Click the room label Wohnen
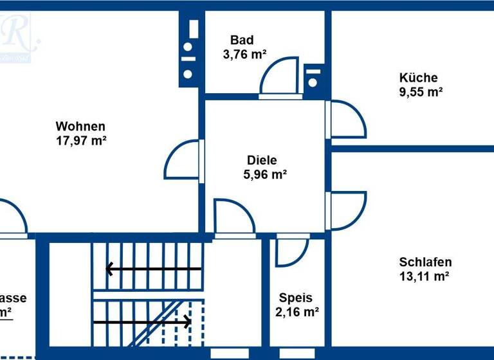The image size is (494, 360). (x=80, y=126)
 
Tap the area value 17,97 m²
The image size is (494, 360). (x=81, y=140)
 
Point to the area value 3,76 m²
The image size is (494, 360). (x=244, y=55)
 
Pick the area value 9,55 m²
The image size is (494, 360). (x=421, y=92)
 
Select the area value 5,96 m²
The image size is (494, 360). (x=264, y=174)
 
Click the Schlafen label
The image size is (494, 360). (x=425, y=262)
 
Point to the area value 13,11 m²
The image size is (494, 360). (x=424, y=276)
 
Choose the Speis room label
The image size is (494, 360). (x=296, y=298)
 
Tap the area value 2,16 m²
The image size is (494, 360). (x=298, y=312)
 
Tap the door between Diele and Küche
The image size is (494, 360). (x=346, y=120)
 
